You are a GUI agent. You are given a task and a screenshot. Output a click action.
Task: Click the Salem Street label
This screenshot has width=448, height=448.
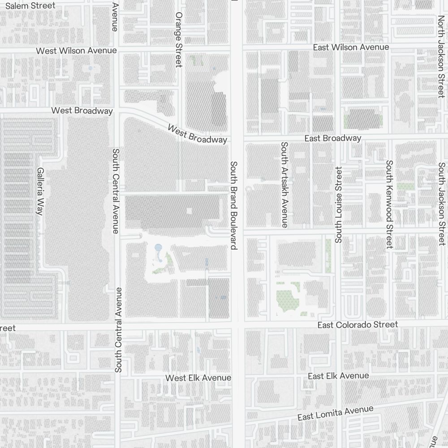point(30,6)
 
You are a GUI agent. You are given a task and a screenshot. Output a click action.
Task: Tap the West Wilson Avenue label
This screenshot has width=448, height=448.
point(76,51)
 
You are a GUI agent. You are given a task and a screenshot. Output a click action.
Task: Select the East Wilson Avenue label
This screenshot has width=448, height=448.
point(351,47)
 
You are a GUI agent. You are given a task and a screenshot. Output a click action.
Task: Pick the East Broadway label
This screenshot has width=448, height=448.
point(332,138)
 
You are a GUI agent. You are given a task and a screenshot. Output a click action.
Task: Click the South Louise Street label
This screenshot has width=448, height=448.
point(338,205)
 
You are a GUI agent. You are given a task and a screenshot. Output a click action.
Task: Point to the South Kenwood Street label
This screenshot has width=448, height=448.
point(389,204)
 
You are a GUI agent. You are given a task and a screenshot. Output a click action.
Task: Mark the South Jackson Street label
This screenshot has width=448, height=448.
point(442,204)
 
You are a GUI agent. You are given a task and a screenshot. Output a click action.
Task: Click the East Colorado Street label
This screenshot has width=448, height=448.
point(357,324)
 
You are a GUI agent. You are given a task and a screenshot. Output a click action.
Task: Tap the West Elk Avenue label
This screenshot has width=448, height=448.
point(198,378)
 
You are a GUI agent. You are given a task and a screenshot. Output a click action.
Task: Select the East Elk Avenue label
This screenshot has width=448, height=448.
point(338,376)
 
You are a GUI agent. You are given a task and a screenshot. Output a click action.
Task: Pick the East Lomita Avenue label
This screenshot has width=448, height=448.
point(335,413)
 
